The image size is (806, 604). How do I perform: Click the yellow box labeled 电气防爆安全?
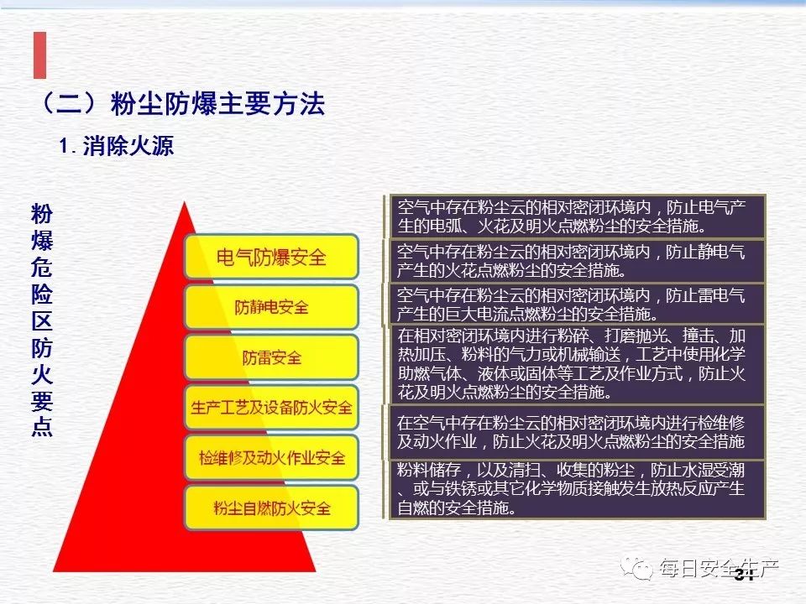point(271,257)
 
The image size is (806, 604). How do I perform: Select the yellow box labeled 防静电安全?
point(271,307)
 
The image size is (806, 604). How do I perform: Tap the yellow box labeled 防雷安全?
point(271,358)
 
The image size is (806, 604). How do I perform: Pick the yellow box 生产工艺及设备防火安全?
point(271,408)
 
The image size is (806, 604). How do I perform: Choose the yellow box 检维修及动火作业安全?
point(271,458)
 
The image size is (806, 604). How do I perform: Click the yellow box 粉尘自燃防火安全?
point(271,508)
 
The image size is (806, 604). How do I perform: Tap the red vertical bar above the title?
point(39,55)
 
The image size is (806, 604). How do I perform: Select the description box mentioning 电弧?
point(578,216)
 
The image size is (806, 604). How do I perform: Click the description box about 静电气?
point(578,261)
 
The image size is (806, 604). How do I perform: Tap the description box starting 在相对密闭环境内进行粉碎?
point(578,363)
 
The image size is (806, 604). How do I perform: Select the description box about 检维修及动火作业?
point(578,432)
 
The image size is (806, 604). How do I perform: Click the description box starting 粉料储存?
point(578,489)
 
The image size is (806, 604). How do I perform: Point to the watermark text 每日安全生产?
point(719,570)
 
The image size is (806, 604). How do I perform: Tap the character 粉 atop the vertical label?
point(42,212)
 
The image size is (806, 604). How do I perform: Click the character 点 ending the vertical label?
point(42,427)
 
